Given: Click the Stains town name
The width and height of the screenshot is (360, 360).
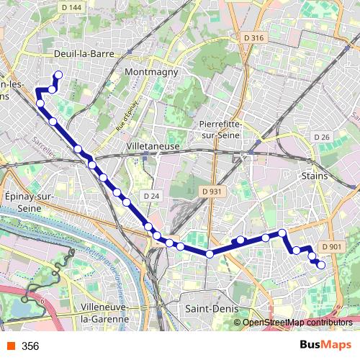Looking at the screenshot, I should (315, 176).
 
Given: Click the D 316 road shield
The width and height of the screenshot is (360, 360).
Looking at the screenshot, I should (254, 37).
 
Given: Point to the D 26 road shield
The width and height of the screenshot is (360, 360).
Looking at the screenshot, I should (321, 138).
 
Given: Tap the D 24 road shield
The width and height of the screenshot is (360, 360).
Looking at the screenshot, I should (150, 195).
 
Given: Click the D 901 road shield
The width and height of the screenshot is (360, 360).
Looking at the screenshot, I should (332, 247).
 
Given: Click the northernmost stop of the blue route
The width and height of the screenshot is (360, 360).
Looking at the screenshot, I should (58, 75).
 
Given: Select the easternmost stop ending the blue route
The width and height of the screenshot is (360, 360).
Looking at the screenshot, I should (321, 265).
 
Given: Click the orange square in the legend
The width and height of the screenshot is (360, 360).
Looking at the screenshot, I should (10, 346).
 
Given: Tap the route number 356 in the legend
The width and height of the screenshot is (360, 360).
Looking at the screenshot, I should (30, 346).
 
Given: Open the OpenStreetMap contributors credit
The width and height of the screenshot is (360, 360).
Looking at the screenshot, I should (297, 323).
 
